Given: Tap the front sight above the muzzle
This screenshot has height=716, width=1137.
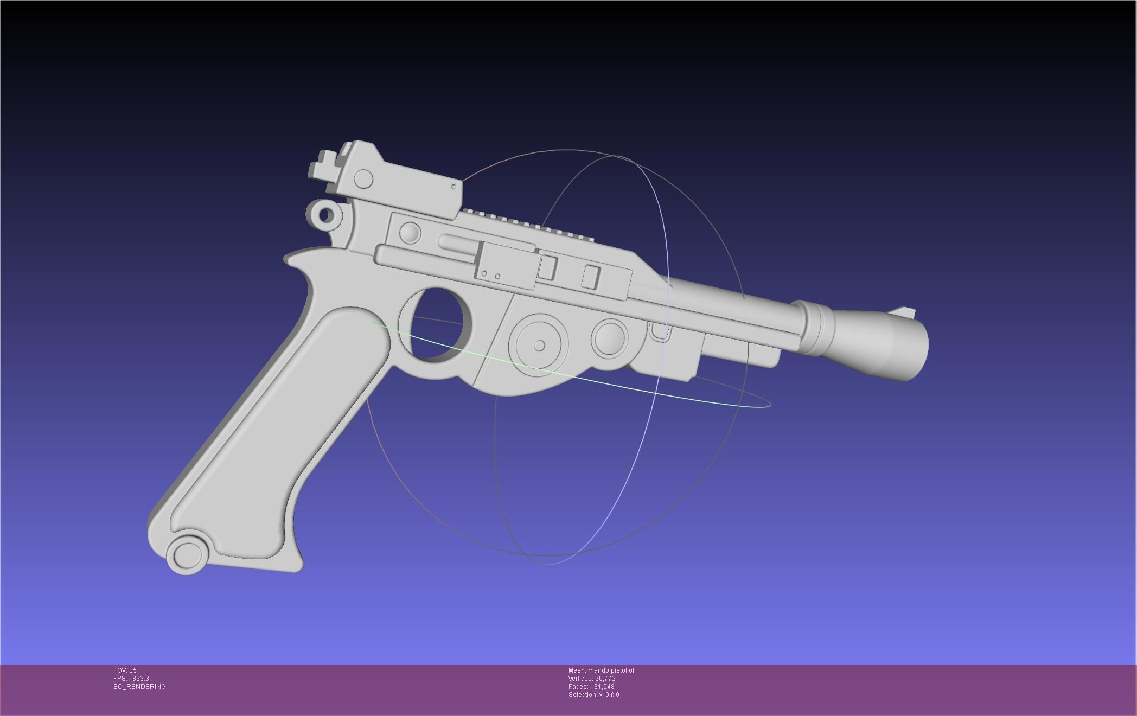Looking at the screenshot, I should tap(905, 313).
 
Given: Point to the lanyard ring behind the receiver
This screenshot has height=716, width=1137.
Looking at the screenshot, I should tap(325, 215).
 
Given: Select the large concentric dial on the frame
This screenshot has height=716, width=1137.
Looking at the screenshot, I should tap(539, 345).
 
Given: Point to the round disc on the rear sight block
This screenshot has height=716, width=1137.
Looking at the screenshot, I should tap(363, 178).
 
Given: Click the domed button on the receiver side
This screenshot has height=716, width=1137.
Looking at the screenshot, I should tap(410, 233).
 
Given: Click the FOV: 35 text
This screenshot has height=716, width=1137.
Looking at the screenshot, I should tap(125, 670).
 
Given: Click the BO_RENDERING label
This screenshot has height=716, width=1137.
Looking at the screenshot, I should tap(139, 687).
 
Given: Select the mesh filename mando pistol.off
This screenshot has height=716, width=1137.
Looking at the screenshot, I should tap(602, 670).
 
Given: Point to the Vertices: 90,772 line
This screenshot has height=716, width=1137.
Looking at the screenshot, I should tap(592, 679).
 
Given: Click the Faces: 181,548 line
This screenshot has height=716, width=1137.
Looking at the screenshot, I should tap(591, 687).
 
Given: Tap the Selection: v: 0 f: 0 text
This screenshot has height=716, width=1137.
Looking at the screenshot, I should tap(593, 695).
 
